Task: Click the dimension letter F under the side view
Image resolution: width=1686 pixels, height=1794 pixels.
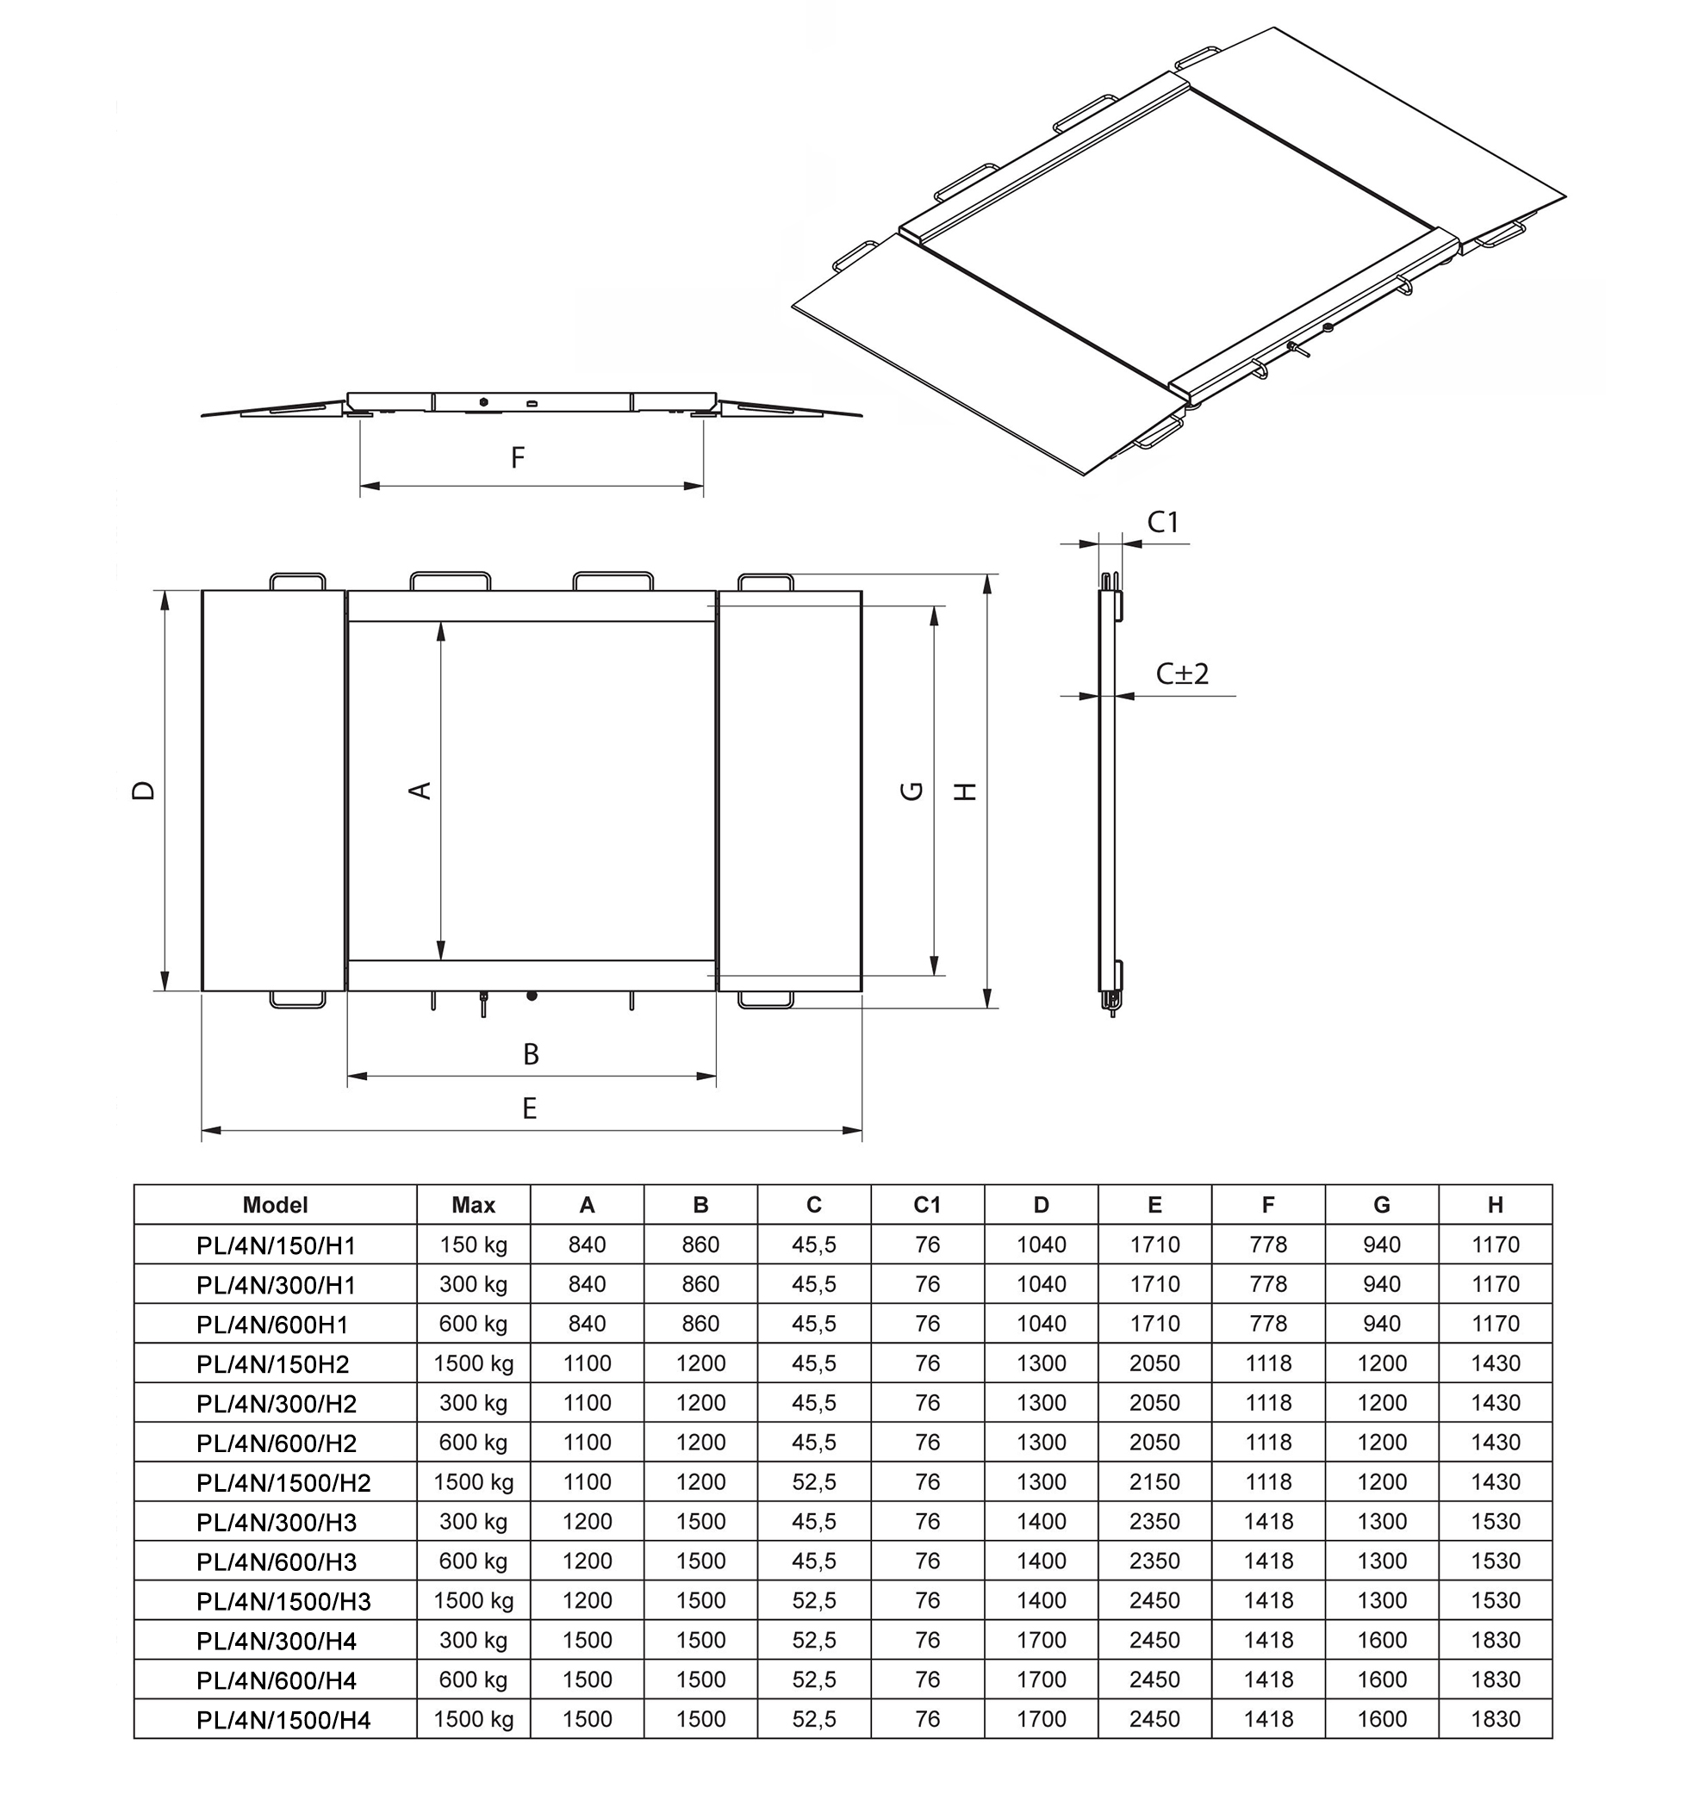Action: tap(517, 457)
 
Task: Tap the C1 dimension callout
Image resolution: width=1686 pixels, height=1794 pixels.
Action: tap(1162, 522)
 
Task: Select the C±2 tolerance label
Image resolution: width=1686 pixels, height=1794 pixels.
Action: tap(1181, 674)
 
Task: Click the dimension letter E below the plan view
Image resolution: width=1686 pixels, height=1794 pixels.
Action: tap(530, 1108)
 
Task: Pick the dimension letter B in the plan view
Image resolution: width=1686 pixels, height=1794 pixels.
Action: tap(531, 1054)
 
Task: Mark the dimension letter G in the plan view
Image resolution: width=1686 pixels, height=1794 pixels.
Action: tap(912, 791)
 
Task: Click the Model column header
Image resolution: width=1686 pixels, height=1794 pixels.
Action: tap(276, 1205)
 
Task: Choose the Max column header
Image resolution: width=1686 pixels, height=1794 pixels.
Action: tap(473, 1205)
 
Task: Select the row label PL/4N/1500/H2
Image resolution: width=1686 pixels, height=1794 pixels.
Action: tap(283, 1483)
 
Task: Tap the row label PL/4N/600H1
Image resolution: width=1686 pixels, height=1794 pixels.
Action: tap(271, 1324)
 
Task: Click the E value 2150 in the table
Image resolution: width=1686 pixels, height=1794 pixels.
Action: tap(1154, 1481)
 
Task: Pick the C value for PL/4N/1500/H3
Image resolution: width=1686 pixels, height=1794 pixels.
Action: tap(814, 1600)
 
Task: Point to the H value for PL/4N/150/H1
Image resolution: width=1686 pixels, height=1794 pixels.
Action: tap(1496, 1245)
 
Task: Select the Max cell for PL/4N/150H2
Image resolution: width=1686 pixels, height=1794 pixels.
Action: tap(473, 1363)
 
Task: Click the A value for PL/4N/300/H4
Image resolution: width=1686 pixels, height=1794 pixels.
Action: tap(587, 1640)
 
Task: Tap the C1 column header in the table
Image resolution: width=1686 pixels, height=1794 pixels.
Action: tap(927, 1205)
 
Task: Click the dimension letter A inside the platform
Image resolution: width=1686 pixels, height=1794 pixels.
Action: tap(420, 791)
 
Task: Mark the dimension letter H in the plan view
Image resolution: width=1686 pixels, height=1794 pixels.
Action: tap(966, 791)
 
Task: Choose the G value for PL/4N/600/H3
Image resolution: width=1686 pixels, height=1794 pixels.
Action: tap(1382, 1561)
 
